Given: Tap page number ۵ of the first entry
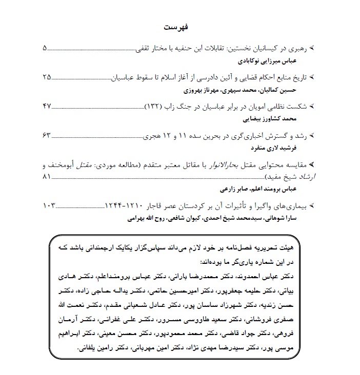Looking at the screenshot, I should (44, 49).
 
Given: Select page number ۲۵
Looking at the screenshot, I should (47, 78).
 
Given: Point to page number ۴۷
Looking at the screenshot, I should (47, 107).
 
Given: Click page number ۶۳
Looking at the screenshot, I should (47, 135).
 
